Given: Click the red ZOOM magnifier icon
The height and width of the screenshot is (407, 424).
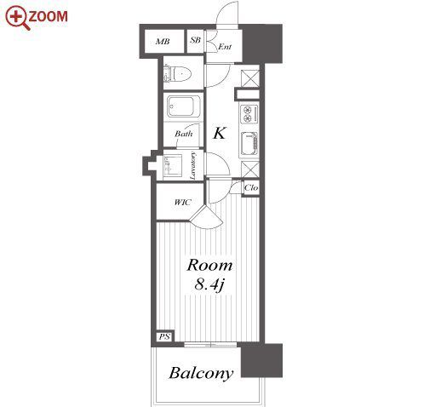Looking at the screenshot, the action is [x=17, y=18].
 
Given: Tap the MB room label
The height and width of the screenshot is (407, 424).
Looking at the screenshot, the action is [x=163, y=42].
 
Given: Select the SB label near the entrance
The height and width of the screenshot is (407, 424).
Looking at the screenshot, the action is [x=195, y=40].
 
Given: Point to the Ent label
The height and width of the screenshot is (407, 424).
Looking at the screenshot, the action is [x=225, y=47].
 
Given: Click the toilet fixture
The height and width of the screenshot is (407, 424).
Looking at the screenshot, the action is [x=177, y=74].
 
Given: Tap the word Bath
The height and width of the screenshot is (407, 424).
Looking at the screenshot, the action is [x=183, y=134].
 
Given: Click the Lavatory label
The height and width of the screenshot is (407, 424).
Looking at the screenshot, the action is [x=193, y=166].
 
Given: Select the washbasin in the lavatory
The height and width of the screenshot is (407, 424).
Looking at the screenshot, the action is [x=173, y=166].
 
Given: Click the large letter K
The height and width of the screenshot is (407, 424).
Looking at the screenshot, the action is [x=220, y=133].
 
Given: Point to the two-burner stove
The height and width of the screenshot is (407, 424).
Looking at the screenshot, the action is [x=249, y=114].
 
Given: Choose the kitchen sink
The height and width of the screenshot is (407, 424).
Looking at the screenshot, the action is [x=249, y=145].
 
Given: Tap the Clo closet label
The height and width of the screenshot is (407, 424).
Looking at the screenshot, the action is [x=251, y=187].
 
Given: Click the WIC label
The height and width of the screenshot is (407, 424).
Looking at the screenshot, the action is [x=182, y=203].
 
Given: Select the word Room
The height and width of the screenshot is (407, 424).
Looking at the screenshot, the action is [x=209, y=266].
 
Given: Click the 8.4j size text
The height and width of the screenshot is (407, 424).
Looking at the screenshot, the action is [x=209, y=284].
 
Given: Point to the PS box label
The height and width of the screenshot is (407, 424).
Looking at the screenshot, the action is [x=164, y=336].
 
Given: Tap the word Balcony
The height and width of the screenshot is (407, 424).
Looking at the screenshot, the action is [x=201, y=374].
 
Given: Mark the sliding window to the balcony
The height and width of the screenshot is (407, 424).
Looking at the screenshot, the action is [x=210, y=345].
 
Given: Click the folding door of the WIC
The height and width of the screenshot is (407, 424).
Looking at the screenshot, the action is [x=205, y=216].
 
